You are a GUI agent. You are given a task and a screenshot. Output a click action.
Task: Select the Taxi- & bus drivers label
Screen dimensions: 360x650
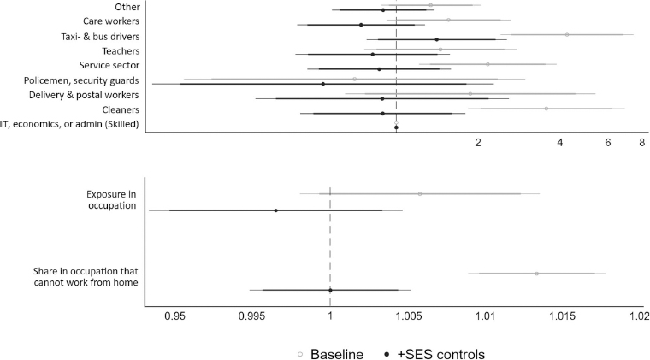click(99, 36)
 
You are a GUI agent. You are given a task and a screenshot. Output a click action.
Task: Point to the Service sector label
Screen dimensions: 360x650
click(109, 66)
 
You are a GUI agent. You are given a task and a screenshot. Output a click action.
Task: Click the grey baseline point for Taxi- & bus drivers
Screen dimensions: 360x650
click(567, 35)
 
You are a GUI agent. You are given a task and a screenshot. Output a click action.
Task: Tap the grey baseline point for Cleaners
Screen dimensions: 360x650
click(546, 109)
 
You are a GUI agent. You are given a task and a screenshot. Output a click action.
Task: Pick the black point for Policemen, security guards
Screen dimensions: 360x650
click(322, 84)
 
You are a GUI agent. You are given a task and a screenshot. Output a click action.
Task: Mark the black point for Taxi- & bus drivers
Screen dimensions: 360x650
click(436, 39)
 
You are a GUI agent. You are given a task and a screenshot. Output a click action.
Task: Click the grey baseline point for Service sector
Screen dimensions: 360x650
click(487, 64)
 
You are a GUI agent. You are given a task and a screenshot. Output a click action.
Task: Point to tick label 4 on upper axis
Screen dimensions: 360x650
click(559, 144)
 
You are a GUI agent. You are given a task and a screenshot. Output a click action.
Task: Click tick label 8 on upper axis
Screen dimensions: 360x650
click(641, 144)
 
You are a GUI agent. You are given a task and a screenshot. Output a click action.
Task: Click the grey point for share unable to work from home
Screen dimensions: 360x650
click(536, 274)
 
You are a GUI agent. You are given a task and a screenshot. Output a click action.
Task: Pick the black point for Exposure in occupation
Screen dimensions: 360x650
click(275, 210)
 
